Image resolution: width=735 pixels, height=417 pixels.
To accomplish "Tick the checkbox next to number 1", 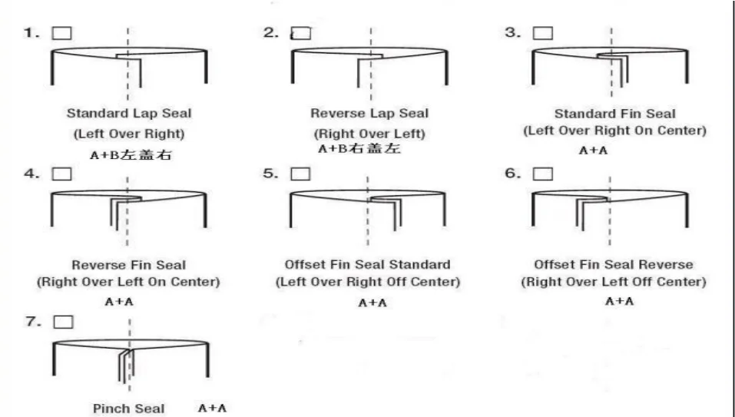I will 61,33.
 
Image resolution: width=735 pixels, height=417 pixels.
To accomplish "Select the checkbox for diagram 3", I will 542,33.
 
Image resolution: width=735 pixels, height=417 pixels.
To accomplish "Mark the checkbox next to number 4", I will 61,174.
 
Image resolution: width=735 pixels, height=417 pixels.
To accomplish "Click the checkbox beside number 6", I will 542,174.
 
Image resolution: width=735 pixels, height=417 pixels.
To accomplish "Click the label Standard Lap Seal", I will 129,114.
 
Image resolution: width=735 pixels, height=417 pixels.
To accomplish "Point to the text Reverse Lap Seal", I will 369,114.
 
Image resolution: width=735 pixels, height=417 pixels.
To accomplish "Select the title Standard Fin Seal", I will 613,114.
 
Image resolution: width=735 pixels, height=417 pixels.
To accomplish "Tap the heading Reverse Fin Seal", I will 129,265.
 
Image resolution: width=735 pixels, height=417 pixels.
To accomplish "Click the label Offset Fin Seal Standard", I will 368,265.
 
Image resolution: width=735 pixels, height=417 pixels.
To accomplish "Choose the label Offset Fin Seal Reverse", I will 613,265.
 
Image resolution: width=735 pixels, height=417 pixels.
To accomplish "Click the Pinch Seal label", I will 129,409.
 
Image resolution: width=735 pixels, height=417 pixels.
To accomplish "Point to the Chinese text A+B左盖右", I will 128,154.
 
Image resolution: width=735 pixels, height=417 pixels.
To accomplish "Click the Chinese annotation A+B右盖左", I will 359,149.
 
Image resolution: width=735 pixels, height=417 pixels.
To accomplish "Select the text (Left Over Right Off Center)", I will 368,282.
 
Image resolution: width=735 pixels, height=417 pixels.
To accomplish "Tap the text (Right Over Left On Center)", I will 129,282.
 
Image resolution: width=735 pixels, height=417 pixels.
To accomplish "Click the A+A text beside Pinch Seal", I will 212,407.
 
